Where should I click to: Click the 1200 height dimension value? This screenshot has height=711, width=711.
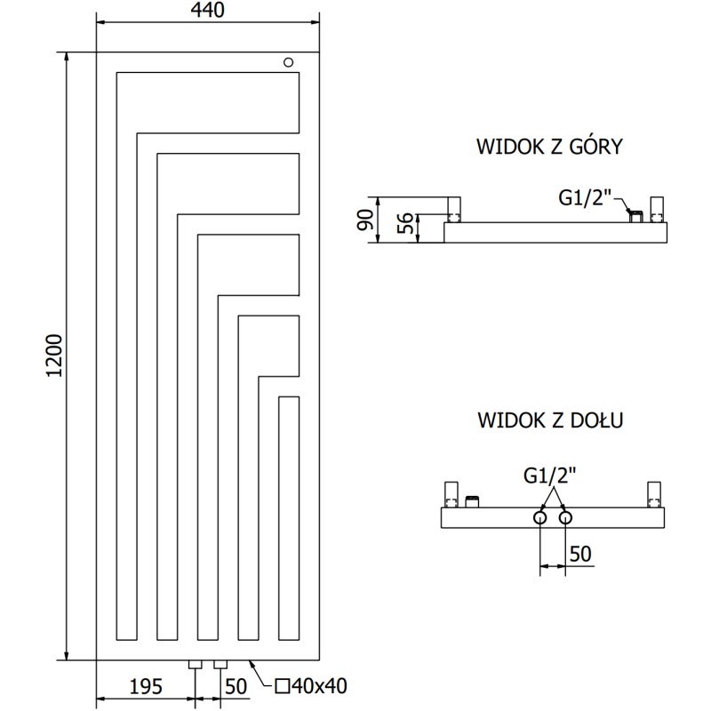pyautogui.click(x=54, y=355)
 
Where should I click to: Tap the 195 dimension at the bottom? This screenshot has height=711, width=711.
pyautogui.click(x=146, y=685)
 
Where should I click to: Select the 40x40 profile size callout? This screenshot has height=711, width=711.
pyautogui.click(x=310, y=685)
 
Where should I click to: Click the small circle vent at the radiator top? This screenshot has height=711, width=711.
pyautogui.click(x=288, y=61)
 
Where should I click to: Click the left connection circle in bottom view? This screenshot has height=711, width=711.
pyautogui.click(x=540, y=517)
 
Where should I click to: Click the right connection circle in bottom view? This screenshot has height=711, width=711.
pyautogui.click(x=564, y=517)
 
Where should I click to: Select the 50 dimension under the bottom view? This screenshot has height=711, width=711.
pyautogui.click(x=579, y=554)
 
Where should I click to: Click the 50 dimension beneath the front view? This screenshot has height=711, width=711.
pyautogui.click(x=236, y=685)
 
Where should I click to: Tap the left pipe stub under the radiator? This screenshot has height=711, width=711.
pyautogui.click(x=196, y=664)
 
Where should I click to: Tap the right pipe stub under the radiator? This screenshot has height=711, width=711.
pyautogui.click(x=220, y=664)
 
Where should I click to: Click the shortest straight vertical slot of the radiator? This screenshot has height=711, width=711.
pyautogui.click(x=288, y=517)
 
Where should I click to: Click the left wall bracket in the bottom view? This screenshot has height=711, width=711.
pyautogui.click(x=451, y=493)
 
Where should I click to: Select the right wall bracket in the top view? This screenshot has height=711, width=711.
pyautogui.click(x=658, y=210)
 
